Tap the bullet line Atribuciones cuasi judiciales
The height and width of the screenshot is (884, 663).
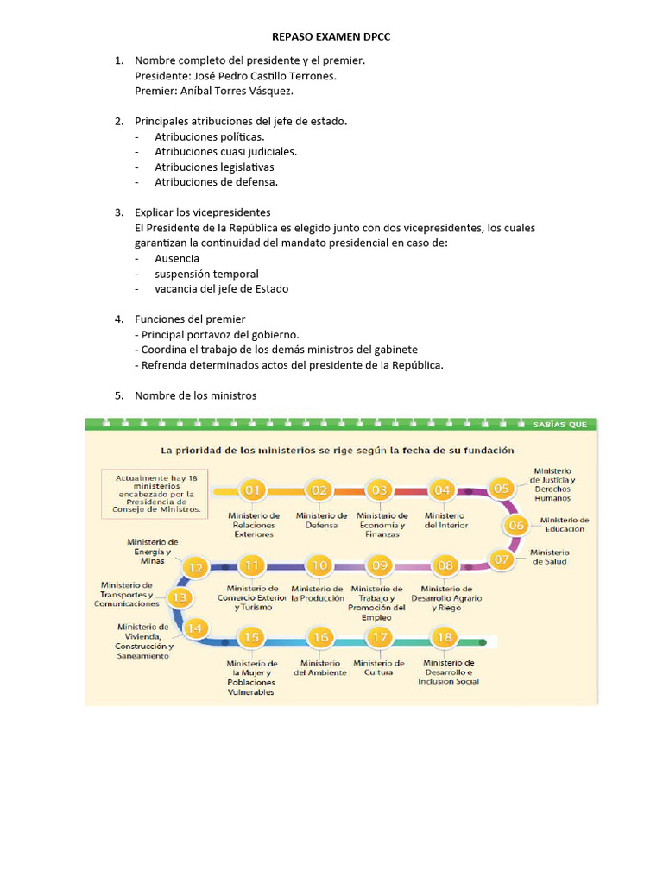click(225, 152)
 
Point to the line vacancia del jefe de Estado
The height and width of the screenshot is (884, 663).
click(221, 289)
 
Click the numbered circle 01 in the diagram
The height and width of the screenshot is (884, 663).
click(253, 489)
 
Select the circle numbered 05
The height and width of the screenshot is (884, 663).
click(501, 489)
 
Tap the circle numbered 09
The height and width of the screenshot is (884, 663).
click(379, 565)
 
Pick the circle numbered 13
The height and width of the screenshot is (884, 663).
click(180, 597)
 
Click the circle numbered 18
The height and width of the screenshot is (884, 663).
click(445, 638)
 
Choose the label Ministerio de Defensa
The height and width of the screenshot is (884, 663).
click(321, 520)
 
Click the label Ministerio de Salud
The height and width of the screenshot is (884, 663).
click(550, 557)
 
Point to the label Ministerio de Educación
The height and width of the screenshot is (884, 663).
click(565, 524)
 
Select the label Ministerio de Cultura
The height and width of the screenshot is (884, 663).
click(379, 667)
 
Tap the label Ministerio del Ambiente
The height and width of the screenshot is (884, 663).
click(320, 667)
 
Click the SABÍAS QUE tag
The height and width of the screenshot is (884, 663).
click(559, 424)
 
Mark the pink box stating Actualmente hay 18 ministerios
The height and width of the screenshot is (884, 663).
click(155, 494)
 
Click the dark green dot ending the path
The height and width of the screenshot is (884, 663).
click(484, 642)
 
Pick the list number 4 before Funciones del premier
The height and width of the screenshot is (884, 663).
click(118, 319)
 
